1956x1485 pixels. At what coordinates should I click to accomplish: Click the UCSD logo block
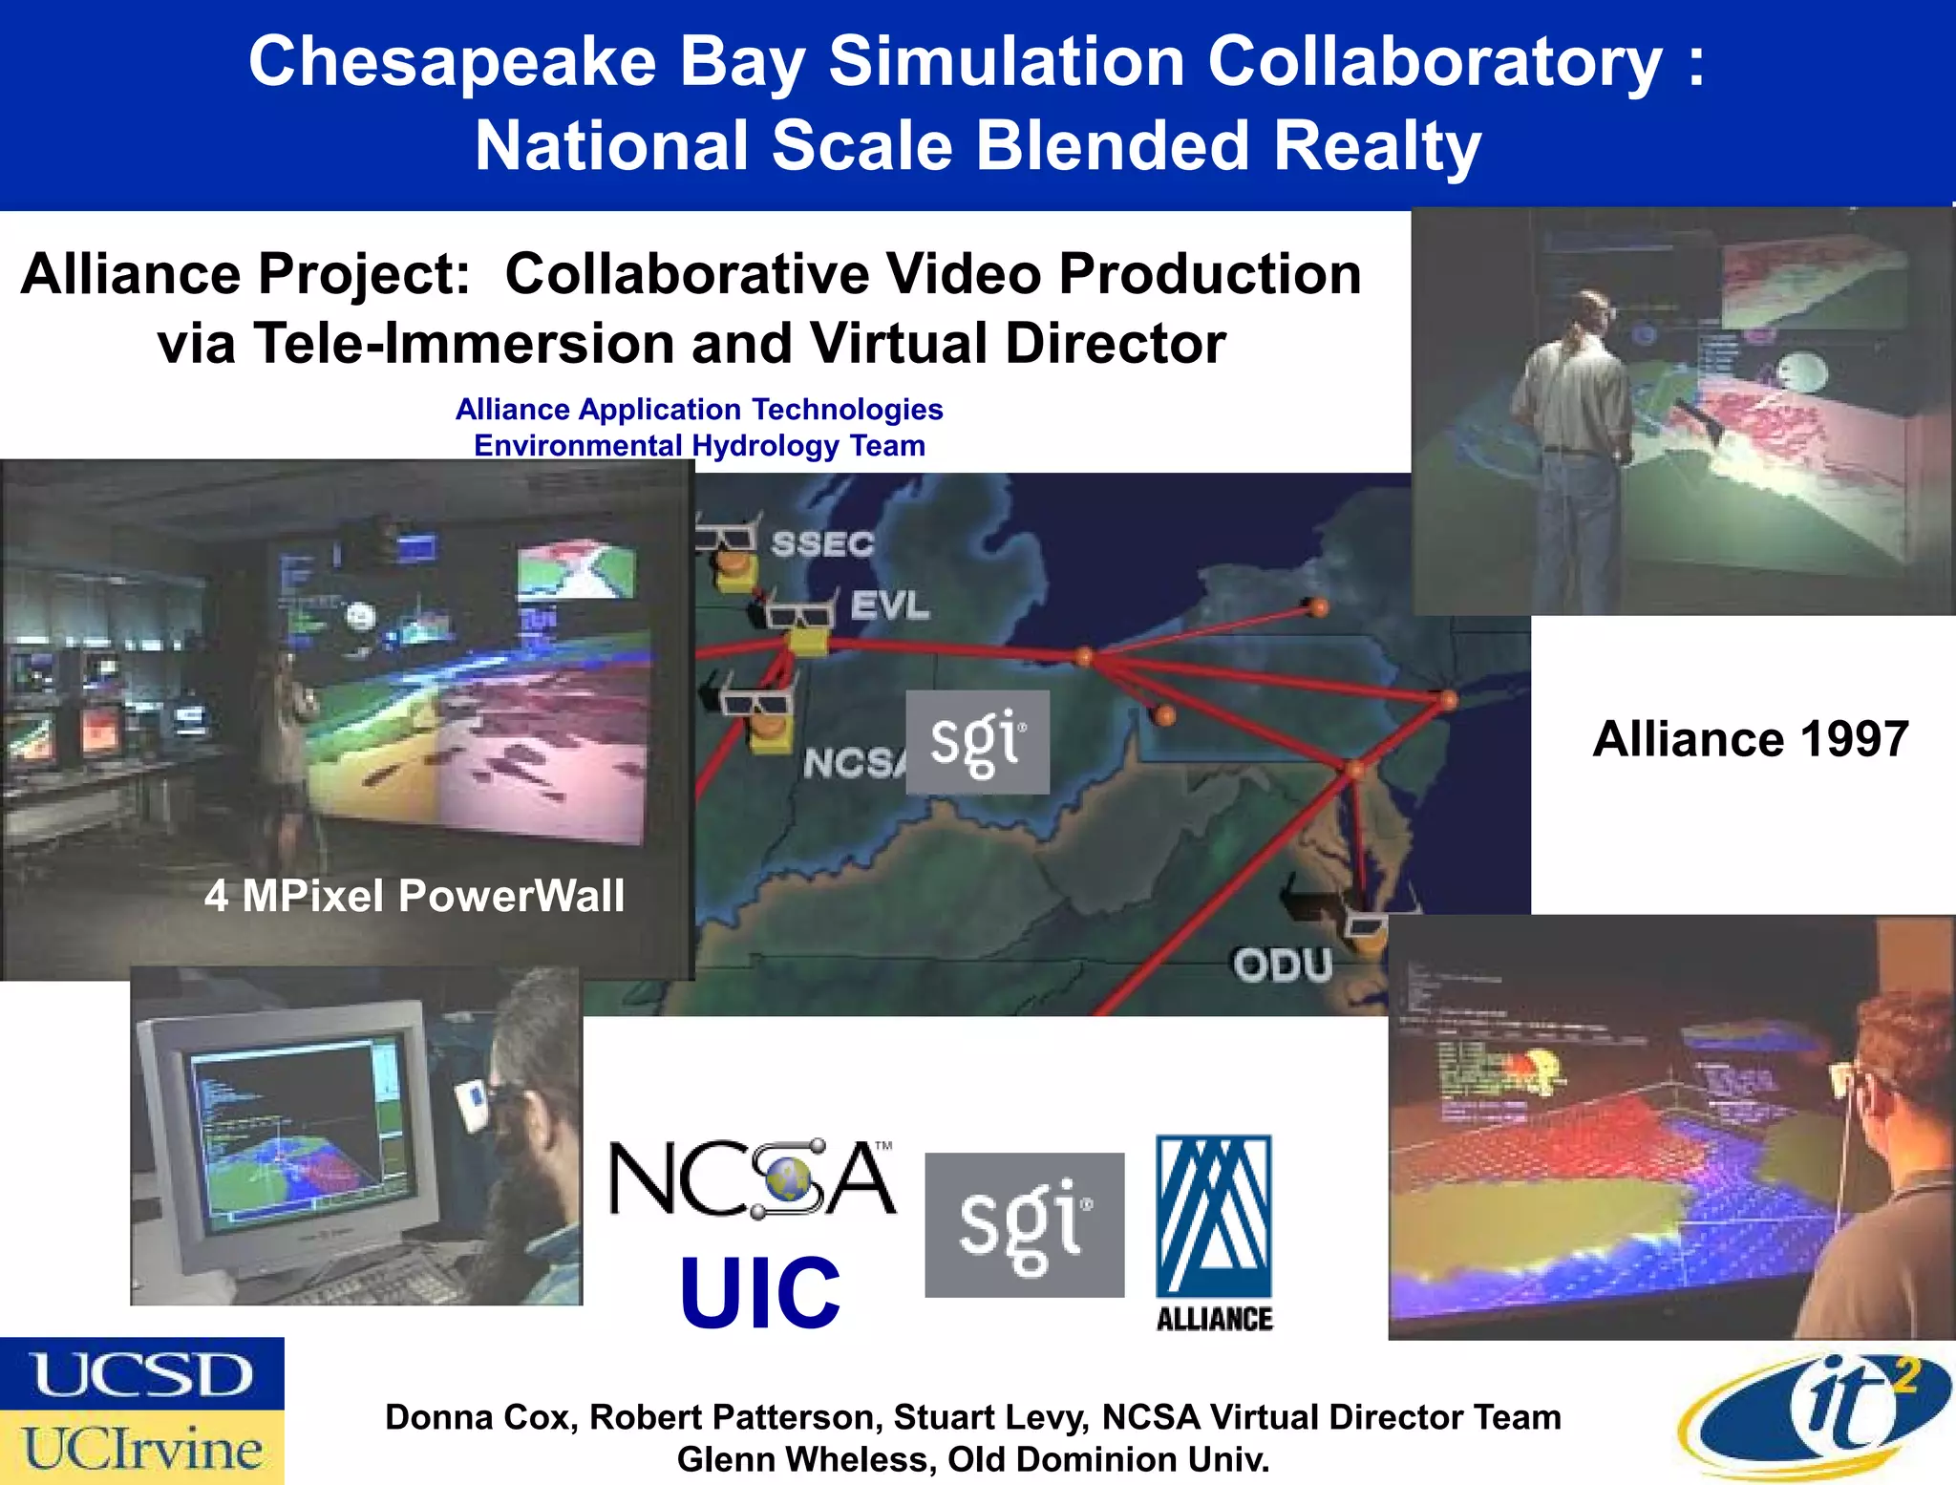141,1373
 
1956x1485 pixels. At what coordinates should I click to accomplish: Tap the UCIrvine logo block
141,1448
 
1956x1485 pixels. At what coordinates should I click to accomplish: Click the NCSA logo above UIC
753,1179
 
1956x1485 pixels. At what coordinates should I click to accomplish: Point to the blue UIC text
760,1293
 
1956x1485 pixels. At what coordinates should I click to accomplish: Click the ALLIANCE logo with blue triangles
1214,1232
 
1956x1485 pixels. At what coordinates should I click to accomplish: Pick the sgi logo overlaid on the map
977,742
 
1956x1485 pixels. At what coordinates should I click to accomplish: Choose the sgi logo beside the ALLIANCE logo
1024,1224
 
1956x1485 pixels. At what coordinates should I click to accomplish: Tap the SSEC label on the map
822,544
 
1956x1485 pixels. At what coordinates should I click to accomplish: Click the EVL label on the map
889,605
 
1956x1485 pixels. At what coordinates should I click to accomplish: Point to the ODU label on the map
1282,965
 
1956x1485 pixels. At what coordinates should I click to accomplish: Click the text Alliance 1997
1750,739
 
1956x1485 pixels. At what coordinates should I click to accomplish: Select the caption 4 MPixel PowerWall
415,896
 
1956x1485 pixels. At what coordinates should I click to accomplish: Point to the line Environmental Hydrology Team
699,446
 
